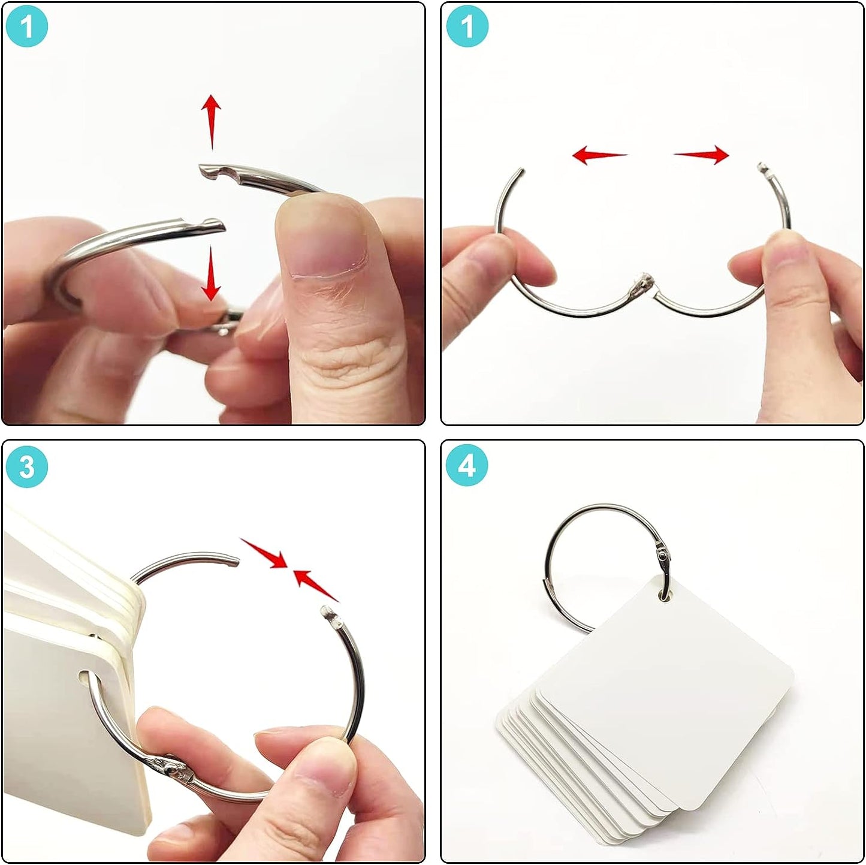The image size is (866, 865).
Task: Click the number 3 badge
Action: [x=27, y=466]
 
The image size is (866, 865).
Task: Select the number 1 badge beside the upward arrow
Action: [x=27, y=26]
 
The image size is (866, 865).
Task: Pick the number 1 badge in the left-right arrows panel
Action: [x=467, y=26]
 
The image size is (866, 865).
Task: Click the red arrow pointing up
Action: [x=211, y=122]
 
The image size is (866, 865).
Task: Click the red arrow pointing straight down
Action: [x=211, y=275]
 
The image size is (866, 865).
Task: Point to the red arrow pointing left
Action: [x=599, y=155]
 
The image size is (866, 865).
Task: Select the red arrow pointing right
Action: [x=701, y=155]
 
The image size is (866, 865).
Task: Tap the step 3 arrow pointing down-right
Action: [x=263, y=553]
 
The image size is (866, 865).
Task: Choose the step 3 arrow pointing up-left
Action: [x=316, y=585]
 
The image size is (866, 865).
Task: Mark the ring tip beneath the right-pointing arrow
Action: [x=763, y=168]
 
